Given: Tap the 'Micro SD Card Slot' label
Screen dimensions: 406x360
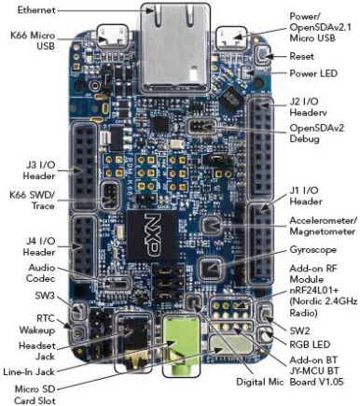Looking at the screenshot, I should pyautogui.click(x=35, y=393).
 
